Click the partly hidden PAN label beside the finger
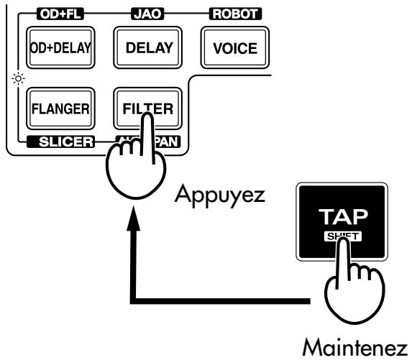point(169,142)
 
